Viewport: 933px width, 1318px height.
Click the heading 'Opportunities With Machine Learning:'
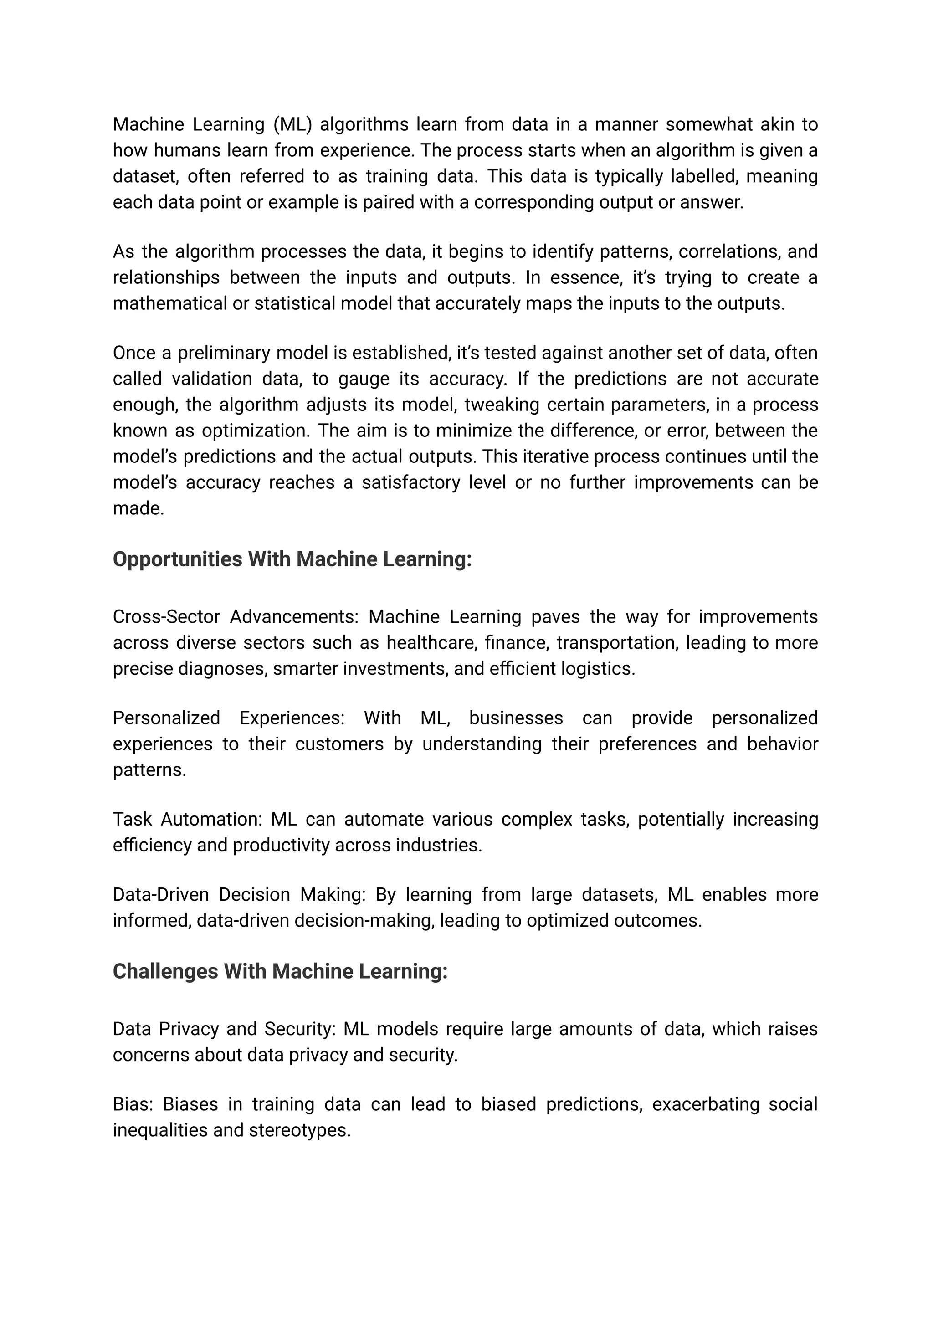click(x=292, y=559)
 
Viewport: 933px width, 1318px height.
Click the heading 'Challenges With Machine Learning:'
click(x=280, y=971)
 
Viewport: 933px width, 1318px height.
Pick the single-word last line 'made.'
click(x=138, y=508)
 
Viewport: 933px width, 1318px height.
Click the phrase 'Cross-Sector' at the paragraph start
click(x=166, y=616)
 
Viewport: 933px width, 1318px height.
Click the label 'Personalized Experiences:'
click(x=229, y=718)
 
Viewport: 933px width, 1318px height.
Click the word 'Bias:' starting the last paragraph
click(x=132, y=1104)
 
